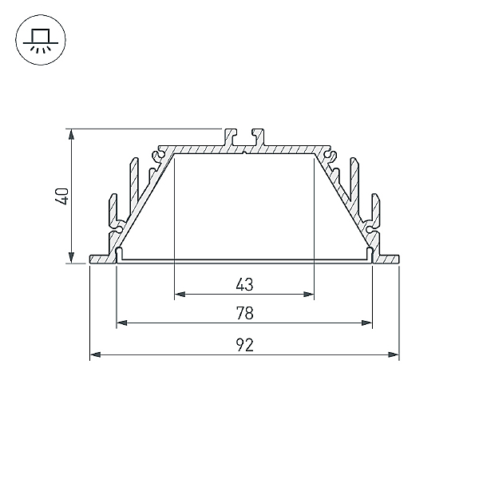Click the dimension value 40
[62, 196]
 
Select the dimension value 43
[245, 284]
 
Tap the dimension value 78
[245, 313]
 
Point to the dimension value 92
[245, 345]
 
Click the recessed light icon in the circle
[41, 40]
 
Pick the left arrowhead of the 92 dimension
[95, 354]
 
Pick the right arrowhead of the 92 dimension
[394, 354]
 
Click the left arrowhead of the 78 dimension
[122, 323]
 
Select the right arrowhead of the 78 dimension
[367, 323]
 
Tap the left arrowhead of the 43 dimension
[180, 294]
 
